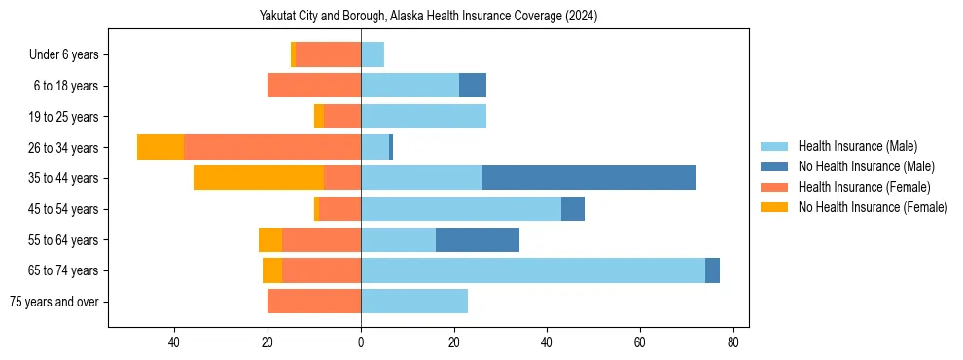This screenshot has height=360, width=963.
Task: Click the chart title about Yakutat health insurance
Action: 428,16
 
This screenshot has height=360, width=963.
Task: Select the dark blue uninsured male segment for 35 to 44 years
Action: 588,178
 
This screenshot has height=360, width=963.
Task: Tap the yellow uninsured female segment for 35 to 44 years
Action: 259,178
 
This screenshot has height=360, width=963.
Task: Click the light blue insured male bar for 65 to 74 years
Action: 533,270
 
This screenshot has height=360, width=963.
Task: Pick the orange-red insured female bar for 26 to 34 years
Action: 272,147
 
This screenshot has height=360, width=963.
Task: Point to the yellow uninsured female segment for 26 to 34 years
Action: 160,147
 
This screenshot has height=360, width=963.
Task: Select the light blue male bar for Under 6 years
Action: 373,54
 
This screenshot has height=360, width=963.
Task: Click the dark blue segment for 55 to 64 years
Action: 478,239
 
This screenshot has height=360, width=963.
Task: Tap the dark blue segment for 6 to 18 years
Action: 473,86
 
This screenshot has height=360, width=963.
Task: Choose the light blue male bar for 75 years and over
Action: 414,302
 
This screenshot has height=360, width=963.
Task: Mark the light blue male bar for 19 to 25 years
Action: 423,117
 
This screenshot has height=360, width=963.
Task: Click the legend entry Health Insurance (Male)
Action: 856,146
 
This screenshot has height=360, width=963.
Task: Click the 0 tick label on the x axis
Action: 361,342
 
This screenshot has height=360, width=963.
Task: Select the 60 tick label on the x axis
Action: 640,342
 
